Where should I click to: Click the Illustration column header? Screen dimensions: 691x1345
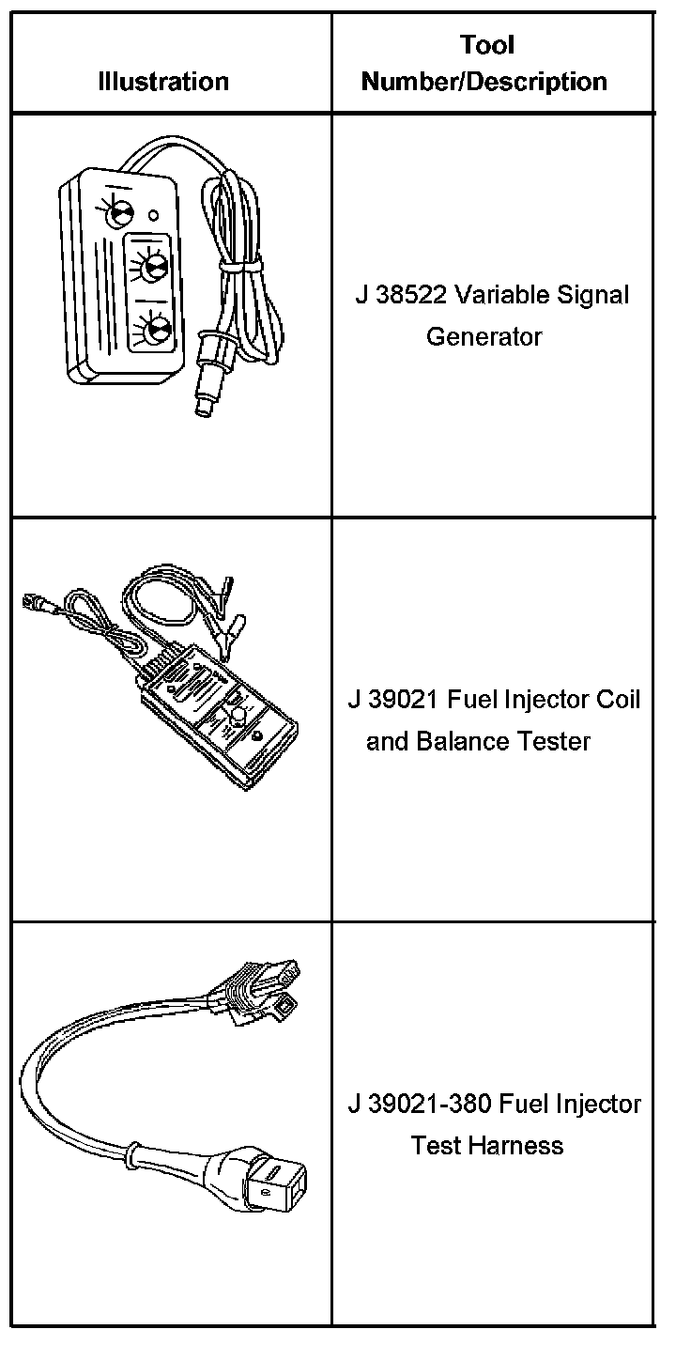[163, 82]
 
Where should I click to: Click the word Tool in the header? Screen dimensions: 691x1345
[487, 44]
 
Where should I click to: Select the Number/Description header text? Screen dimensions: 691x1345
[484, 82]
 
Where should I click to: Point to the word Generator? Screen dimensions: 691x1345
[484, 336]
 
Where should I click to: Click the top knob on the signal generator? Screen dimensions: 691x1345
[120, 212]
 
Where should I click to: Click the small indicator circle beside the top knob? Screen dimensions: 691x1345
[153, 200]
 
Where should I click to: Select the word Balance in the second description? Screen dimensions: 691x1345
[454, 742]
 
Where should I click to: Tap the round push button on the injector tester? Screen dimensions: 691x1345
[238, 717]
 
